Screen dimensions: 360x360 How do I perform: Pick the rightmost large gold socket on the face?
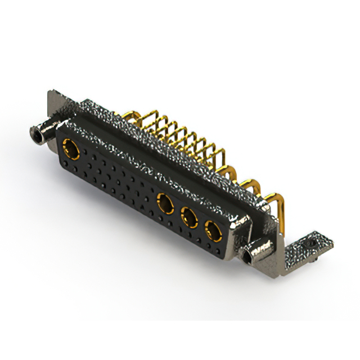(213, 229)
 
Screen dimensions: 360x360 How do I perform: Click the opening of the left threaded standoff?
(36, 134)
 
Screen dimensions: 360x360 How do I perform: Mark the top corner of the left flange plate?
(53, 91)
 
